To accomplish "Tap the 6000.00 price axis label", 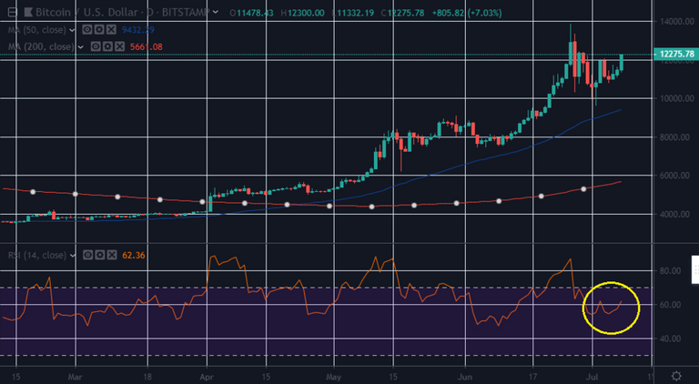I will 674,176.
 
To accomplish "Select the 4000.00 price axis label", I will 674,215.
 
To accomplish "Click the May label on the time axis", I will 332,375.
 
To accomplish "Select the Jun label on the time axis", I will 464,375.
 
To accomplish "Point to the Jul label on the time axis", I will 592,375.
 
